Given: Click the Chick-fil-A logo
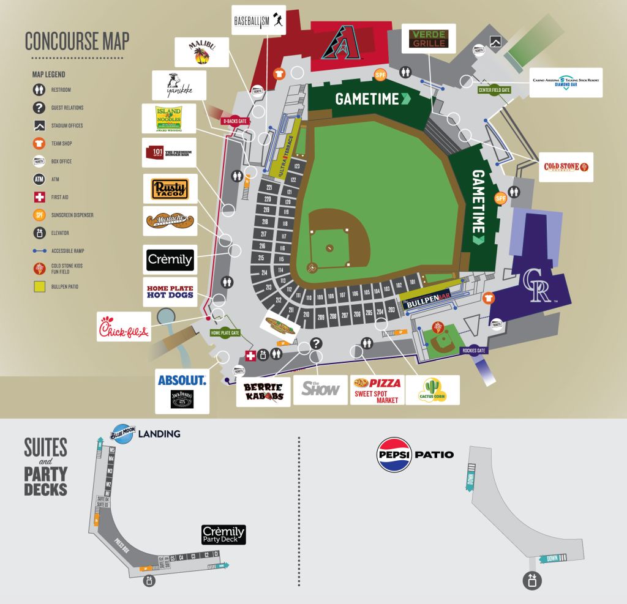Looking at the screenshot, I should click(x=124, y=327).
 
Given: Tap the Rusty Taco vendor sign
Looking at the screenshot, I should click(x=170, y=189).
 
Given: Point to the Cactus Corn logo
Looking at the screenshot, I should click(x=432, y=390).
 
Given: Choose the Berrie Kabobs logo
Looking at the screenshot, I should click(x=263, y=391).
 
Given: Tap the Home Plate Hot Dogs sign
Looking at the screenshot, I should click(x=170, y=291).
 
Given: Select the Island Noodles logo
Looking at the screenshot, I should click(x=168, y=118).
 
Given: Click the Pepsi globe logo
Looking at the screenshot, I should click(x=394, y=455).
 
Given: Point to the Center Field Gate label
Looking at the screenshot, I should click(x=494, y=90).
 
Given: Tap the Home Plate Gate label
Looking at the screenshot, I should click(x=225, y=333).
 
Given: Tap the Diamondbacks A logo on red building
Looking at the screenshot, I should click(x=339, y=43).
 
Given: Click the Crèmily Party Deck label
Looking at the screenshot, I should click(x=223, y=534).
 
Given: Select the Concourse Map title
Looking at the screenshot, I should click(x=77, y=40).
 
